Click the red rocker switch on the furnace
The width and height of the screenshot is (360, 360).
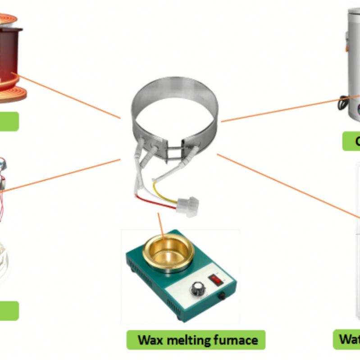coord(217,280)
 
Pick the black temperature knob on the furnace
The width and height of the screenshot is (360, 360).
coord(197,288)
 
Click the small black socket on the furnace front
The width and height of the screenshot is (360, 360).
coord(221,296)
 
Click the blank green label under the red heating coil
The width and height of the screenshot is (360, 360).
coord(9,122)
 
